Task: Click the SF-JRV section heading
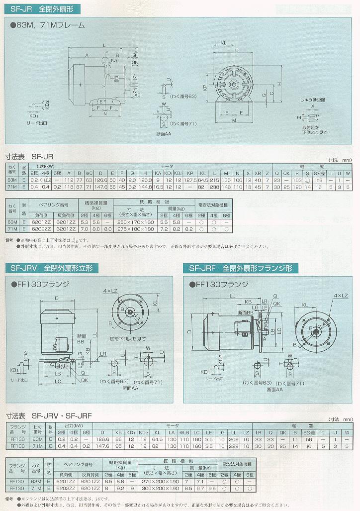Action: pyautogui.click(x=53, y=268)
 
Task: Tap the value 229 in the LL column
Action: pyautogui.click(x=234, y=446)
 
